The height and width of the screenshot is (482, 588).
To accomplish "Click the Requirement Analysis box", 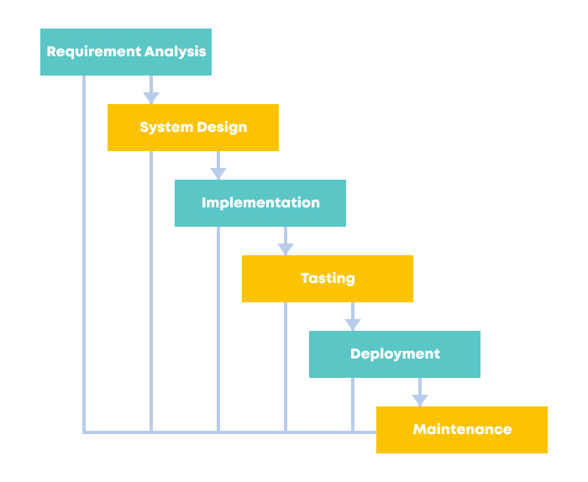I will point(126,52).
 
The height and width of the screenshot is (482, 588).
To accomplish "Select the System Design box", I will point(193,128).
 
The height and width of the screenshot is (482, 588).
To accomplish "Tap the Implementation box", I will point(260,203).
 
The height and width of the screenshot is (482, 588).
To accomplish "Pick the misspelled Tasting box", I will point(328,279).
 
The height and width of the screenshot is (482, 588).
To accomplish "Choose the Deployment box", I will point(395,354).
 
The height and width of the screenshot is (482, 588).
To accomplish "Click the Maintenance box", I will point(462,430).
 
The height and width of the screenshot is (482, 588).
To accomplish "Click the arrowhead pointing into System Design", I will point(151,98).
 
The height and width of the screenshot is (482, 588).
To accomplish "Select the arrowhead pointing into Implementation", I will point(218,174).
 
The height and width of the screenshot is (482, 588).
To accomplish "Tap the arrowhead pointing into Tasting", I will point(286,249).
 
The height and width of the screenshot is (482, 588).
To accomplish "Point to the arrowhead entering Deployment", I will point(353,325).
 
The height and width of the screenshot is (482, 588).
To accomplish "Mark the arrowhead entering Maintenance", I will point(420,401).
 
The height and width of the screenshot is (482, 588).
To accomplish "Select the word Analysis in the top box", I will point(175,52).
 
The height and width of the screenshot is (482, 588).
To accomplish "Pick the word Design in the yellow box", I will point(221,128).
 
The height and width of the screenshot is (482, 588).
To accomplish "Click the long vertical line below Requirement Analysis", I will point(84,252).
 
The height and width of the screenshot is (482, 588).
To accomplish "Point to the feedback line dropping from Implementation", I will point(218,327).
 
